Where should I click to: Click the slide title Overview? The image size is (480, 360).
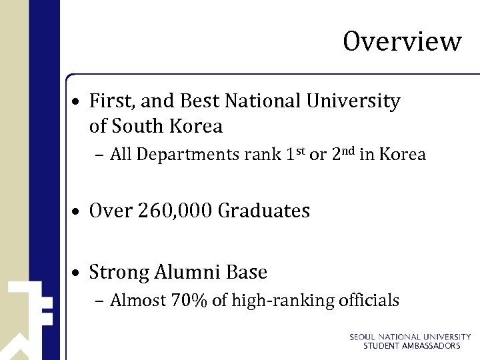(402, 41)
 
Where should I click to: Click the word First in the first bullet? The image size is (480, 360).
(107, 101)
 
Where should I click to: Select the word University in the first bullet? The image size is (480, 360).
(353, 101)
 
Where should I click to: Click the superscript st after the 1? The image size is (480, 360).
(301, 150)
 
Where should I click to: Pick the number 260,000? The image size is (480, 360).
(175, 211)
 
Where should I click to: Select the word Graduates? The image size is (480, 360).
(264, 211)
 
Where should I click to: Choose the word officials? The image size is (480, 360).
(368, 301)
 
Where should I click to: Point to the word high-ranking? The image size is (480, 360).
(283, 301)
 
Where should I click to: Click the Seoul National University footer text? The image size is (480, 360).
(410, 337)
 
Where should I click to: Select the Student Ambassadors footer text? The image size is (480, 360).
(411, 346)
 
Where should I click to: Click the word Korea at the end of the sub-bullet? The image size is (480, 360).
(401, 155)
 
